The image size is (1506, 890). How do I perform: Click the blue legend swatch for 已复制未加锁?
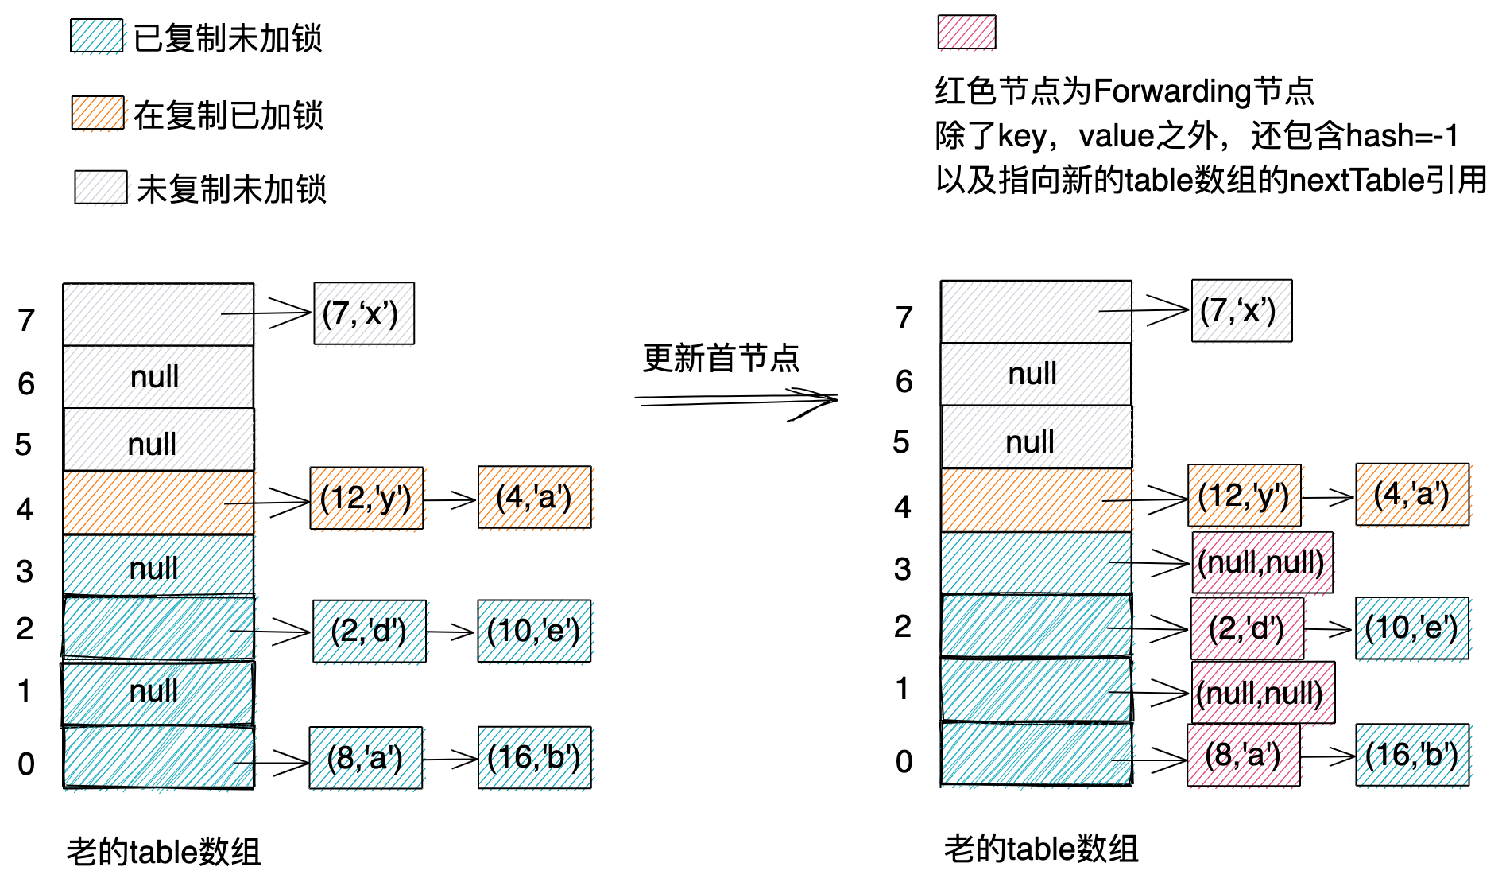(97, 36)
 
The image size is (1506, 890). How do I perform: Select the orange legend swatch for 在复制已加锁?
(98, 112)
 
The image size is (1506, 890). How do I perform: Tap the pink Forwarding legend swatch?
(966, 32)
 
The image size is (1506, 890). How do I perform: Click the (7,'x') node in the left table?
(364, 313)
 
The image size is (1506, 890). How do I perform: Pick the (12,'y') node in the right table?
(1244, 496)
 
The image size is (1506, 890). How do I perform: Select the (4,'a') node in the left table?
(534, 497)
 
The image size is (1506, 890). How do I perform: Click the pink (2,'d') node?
(1247, 628)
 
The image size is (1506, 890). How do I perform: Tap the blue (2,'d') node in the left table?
(369, 631)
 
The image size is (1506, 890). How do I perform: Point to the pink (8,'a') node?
(1243, 755)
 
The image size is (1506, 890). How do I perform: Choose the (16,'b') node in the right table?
(1411, 755)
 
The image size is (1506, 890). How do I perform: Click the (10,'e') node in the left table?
(534, 631)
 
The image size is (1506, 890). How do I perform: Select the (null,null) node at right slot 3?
(1262, 562)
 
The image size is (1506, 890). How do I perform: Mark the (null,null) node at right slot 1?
(1262, 693)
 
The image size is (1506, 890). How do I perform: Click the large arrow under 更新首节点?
(736, 400)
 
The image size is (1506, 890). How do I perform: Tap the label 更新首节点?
(721, 359)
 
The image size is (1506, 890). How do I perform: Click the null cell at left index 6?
(158, 376)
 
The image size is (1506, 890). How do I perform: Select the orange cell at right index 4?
(1036, 499)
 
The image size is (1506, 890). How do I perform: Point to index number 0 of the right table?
(904, 761)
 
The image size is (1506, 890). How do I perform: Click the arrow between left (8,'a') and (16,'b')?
(450, 759)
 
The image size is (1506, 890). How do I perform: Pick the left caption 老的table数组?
(164, 852)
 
